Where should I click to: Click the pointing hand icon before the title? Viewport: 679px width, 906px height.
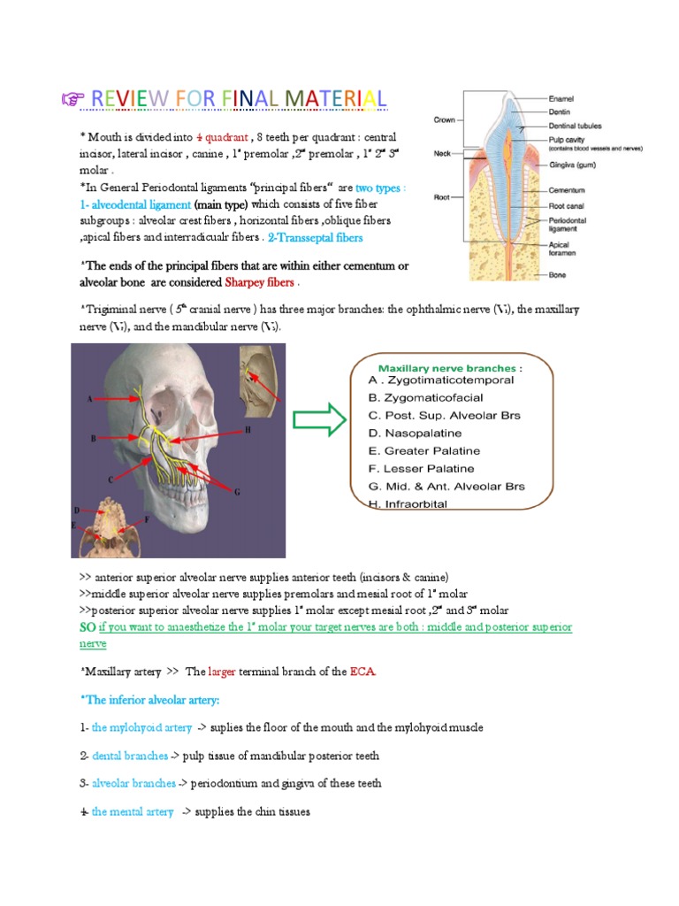tap(65, 100)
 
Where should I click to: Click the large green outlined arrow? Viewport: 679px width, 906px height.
tap(319, 419)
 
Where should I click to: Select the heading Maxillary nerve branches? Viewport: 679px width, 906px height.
tap(450, 367)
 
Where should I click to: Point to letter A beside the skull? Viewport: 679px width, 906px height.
tap(89, 399)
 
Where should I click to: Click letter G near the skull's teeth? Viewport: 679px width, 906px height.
tap(237, 492)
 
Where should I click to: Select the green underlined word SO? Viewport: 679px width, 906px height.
tap(88, 627)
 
